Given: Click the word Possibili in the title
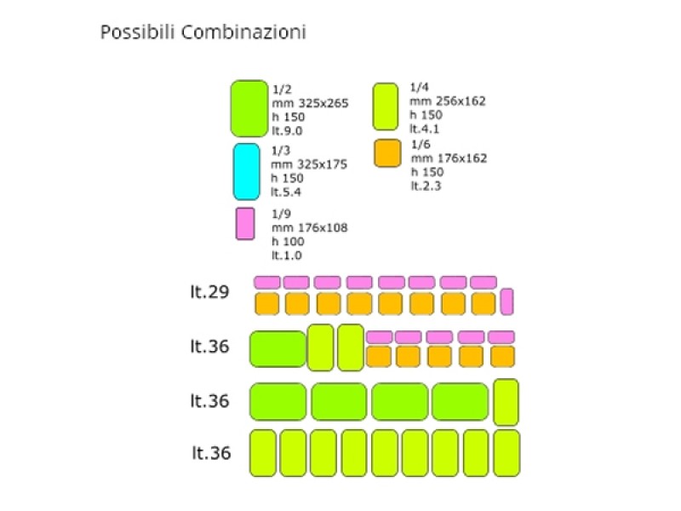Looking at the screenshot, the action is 137,32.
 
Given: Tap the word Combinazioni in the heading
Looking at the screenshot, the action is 243,32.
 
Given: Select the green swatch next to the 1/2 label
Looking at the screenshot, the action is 249,109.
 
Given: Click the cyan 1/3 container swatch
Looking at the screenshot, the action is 247,172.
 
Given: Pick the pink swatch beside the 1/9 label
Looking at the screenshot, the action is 245,224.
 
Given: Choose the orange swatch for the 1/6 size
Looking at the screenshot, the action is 387,153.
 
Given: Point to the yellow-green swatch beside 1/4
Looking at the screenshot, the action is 386,107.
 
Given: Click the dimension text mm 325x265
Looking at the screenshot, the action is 310,103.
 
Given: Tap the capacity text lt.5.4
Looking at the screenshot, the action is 286,192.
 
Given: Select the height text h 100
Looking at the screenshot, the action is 288,242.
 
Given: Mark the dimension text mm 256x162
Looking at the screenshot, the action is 448,101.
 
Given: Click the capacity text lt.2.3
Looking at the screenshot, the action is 426,186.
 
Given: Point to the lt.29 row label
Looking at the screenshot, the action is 209,291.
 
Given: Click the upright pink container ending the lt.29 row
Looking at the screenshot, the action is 506,301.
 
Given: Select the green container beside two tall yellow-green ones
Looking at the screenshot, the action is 278,349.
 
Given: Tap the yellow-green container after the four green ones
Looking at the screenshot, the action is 506,402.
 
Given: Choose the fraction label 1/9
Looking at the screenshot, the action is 281,214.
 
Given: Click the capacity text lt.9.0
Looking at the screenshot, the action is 287,131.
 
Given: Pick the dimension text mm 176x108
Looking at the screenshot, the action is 310,227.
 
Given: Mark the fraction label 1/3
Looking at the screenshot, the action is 281,151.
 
